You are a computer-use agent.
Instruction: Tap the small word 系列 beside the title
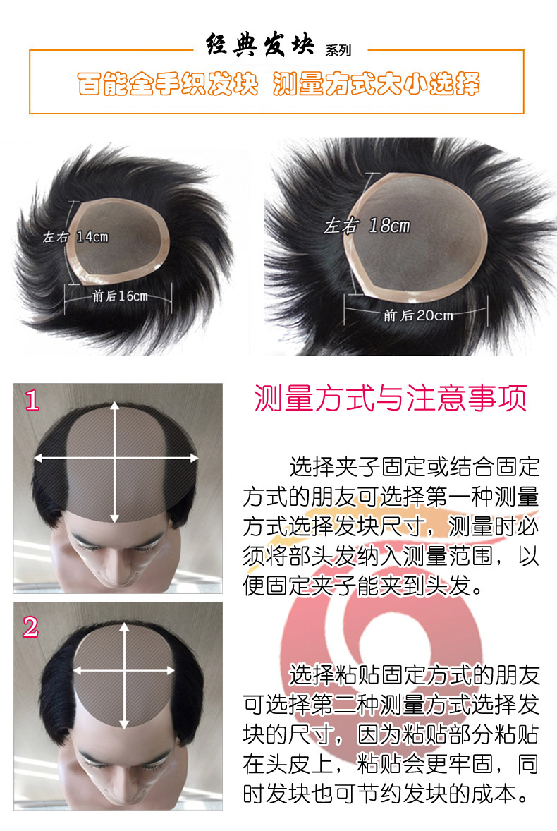[338, 51]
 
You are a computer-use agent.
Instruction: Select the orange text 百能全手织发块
[167, 84]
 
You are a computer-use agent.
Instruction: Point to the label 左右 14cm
[75, 237]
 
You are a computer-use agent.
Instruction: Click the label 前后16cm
[120, 296]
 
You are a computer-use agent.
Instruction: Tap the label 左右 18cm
[366, 226]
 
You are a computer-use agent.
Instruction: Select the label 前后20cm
[417, 315]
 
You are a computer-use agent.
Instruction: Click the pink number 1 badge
[32, 401]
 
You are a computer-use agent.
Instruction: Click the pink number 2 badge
[30, 626]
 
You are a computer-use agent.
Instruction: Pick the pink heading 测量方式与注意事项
[390, 399]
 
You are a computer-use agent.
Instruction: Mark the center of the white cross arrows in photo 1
[116, 458]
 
